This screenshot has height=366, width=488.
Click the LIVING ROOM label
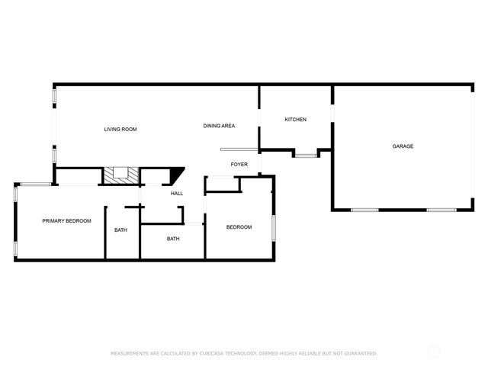(120, 130)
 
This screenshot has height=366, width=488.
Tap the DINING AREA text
(219, 126)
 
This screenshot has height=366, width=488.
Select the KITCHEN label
(295, 120)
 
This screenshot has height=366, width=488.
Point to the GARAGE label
(403, 146)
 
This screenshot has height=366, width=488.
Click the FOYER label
(239, 164)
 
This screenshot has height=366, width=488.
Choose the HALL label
(177, 194)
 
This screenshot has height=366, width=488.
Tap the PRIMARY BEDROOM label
(66, 221)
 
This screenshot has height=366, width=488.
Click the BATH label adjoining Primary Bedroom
(120, 230)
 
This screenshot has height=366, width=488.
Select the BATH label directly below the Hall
(173, 239)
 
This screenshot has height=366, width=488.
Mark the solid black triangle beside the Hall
(176, 175)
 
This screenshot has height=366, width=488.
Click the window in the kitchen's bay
(305, 156)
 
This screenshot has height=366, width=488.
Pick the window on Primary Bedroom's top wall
(34, 184)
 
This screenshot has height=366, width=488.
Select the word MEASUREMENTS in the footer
(129, 353)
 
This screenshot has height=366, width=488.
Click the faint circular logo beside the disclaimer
(434, 352)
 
